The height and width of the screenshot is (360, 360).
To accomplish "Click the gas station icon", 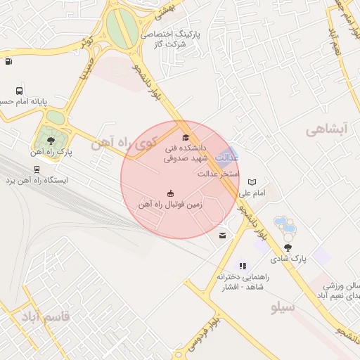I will click(8, 61).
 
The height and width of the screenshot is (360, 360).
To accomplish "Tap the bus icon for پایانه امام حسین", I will click(19, 91).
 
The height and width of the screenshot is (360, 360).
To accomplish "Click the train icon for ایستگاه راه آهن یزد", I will click(37, 169).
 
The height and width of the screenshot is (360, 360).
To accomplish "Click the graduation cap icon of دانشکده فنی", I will click(186, 138).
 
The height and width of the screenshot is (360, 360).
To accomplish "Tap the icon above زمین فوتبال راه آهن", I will click(170, 193).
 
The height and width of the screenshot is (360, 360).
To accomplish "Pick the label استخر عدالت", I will click(219, 173).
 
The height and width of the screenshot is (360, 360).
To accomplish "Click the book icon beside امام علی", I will click(252, 182).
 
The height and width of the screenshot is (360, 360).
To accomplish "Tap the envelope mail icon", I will click(223, 236).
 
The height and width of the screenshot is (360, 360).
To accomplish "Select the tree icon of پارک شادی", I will click(288, 247).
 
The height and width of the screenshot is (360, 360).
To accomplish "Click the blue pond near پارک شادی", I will click(285, 226).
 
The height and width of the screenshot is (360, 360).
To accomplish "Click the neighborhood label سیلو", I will click(283, 307).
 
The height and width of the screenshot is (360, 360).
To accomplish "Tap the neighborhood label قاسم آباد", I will click(46, 315).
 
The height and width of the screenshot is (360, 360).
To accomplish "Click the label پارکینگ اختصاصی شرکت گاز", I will click(172, 39).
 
